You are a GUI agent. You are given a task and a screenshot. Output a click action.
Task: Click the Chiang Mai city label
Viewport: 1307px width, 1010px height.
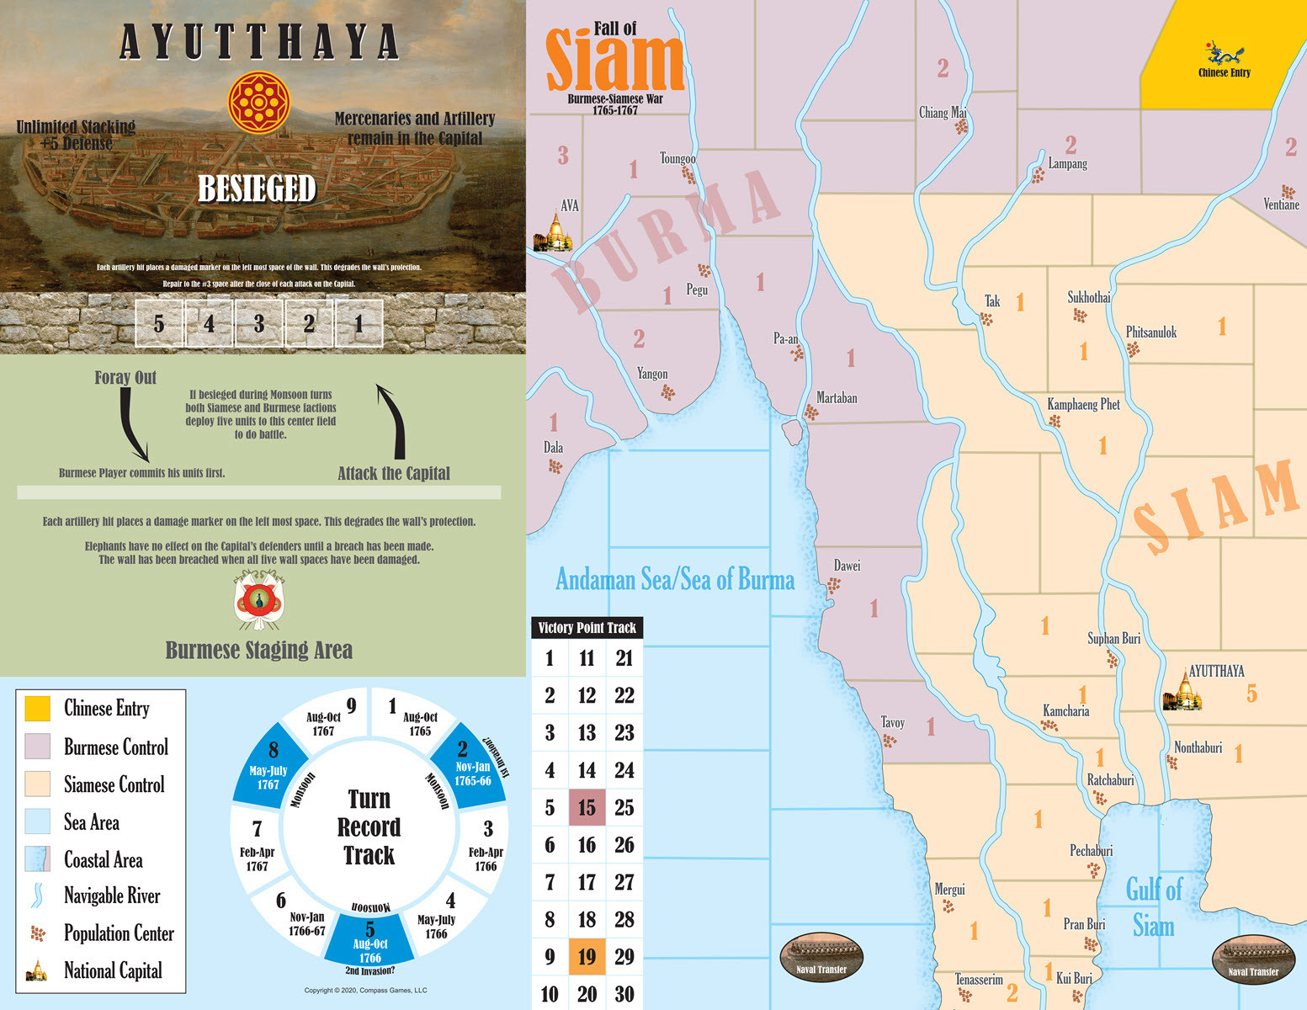[942, 113]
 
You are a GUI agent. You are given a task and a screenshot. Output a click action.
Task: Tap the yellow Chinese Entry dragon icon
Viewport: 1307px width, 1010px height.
[1224, 53]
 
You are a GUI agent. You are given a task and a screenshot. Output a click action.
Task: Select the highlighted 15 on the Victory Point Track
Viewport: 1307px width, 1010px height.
[587, 808]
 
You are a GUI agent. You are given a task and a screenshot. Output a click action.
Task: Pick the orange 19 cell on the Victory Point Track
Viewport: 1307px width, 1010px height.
[587, 957]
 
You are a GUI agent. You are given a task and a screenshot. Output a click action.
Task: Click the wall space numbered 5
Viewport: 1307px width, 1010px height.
[159, 323]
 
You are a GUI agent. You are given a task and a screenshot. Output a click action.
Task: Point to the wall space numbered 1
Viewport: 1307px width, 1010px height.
[359, 323]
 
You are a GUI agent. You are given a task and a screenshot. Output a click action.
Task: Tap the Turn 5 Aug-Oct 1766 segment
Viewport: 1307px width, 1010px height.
[370, 943]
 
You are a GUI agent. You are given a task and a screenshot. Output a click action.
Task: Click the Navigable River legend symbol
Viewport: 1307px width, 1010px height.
[37, 896]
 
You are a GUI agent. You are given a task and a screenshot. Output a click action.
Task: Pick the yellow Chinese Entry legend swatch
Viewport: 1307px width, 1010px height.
[37, 709]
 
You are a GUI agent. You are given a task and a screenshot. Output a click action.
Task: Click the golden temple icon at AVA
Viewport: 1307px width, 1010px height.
[554, 233]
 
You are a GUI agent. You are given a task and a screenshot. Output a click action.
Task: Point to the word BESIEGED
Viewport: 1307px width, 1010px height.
[257, 189]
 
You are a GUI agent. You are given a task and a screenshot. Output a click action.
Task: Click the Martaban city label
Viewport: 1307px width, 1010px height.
[837, 398]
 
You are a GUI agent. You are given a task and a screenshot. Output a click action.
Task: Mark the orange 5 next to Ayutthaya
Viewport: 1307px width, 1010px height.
[1251, 694]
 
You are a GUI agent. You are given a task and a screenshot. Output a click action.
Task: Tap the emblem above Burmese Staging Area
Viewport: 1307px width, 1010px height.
[259, 600]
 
